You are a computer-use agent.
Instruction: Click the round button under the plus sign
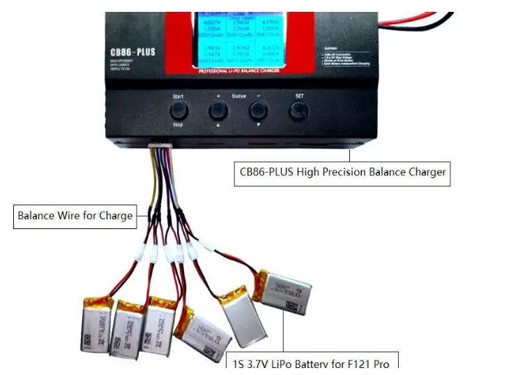[x=218, y=110]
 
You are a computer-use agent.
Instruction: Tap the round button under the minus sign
[x=259, y=110]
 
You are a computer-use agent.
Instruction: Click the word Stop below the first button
[x=178, y=124]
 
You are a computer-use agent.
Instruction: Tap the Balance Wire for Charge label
[x=75, y=216]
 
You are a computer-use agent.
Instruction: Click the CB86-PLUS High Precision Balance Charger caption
[x=342, y=172]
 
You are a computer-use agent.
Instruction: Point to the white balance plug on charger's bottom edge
[x=161, y=146]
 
